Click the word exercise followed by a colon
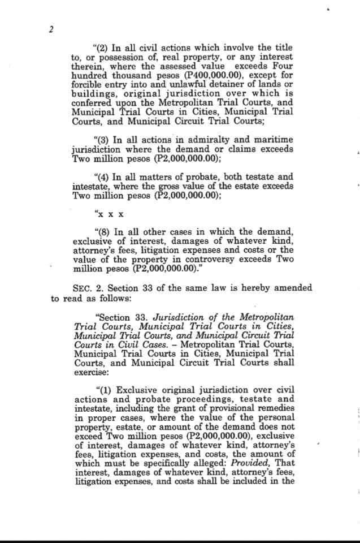(x=90, y=373)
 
